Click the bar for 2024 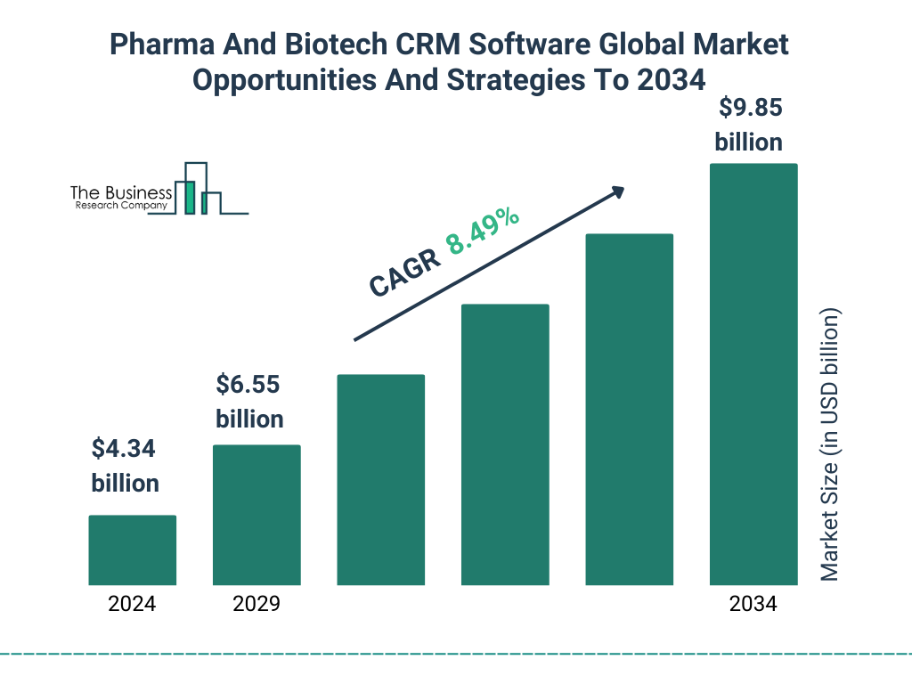point(132,550)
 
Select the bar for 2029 point(256,515)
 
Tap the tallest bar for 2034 point(753,374)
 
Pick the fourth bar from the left point(505,444)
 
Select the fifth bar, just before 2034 point(629,410)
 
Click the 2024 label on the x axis point(132,604)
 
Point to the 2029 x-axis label point(256,604)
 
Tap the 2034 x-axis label point(753,604)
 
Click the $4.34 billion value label point(125,466)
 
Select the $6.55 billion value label point(249,402)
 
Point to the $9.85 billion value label point(748,125)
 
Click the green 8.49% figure point(483,231)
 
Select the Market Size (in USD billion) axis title point(830,445)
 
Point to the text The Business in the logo point(121,193)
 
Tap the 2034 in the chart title point(670,79)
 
